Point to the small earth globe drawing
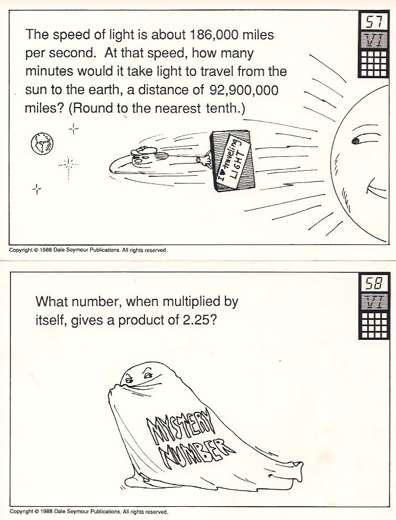[42, 143]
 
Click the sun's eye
[357, 141]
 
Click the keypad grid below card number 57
[373, 64]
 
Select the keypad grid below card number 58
[374, 325]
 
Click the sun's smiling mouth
[376, 188]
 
